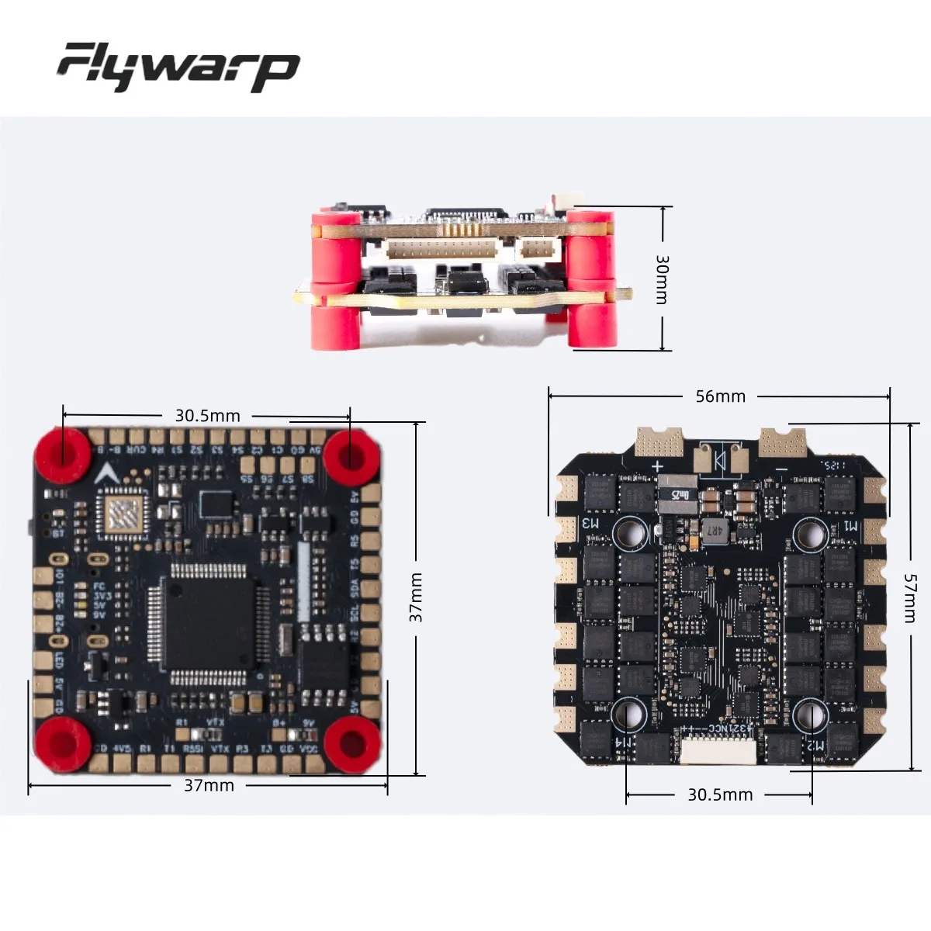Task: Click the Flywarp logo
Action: [178, 67]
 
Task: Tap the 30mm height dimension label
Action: [662, 279]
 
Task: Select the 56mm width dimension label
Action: [720, 396]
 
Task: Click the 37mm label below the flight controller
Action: [209, 785]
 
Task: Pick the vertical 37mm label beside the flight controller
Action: [417, 597]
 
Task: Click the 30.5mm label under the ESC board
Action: [720, 794]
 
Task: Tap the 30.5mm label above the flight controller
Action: [207, 416]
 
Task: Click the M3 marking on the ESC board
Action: [591, 524]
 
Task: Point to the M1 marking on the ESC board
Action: [851, 525]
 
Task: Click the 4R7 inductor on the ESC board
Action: [712, 531]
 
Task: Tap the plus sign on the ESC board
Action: [658, 467]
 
